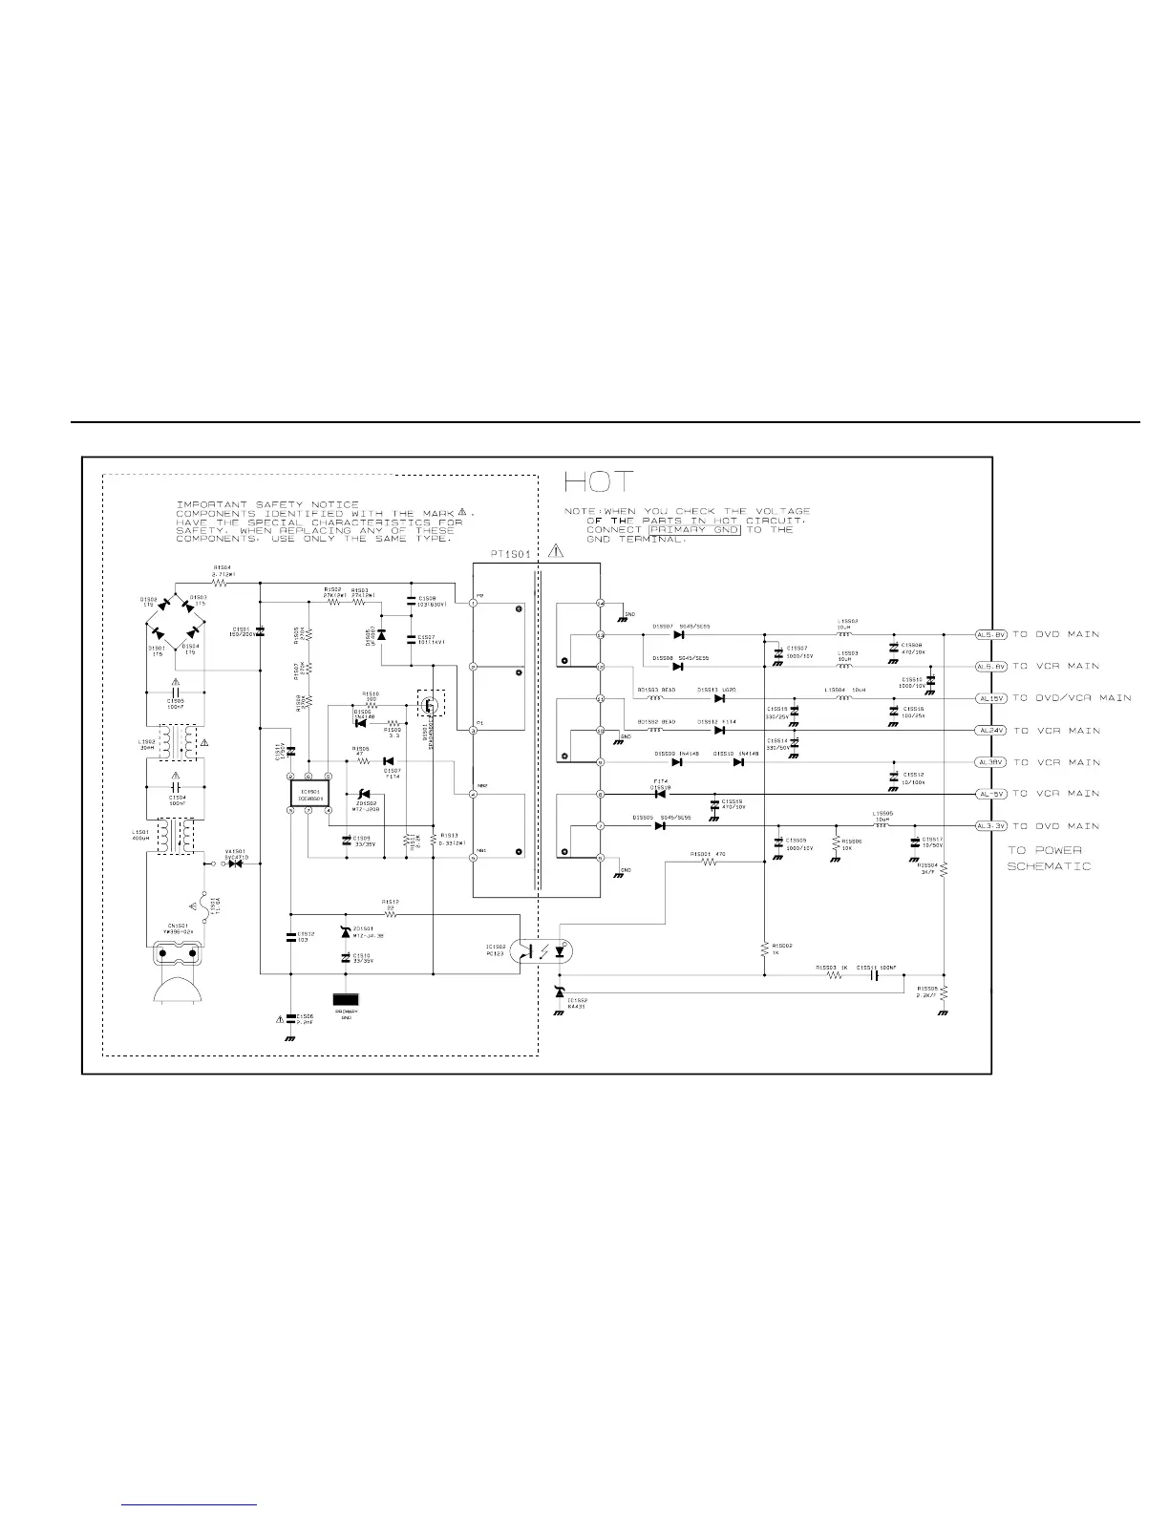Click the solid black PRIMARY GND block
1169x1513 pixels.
click(346, 999)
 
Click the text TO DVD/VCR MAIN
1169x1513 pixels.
click(1071, 698)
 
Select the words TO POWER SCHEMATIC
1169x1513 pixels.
click(1048, 858)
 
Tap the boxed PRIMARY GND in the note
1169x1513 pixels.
click(693, 529)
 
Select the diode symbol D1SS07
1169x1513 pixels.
click(679, 634)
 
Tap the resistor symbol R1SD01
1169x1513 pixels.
click(709, 862)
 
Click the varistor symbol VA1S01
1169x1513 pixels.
click(236, 864)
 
